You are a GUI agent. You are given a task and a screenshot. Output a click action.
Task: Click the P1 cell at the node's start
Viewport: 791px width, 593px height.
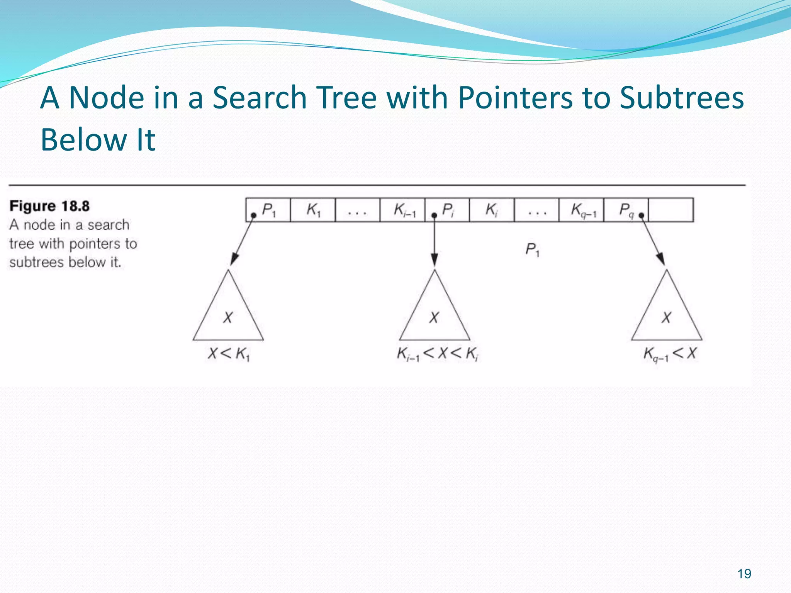point(268,210)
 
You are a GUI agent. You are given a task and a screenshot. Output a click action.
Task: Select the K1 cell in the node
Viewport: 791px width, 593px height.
point(313,210)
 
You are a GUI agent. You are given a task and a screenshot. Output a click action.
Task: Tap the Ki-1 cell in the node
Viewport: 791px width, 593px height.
point(402,210)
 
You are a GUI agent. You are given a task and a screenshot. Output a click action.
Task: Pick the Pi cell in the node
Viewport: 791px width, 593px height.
point(447,210)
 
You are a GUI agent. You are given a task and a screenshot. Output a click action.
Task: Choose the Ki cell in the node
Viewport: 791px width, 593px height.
point(492,210)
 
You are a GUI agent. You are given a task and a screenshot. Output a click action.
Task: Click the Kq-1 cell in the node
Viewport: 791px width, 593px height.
point(581,210)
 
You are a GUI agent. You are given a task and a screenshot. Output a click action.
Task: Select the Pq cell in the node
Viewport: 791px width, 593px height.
point(626,210)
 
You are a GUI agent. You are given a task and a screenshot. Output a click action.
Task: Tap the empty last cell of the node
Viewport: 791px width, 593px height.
point(671,210)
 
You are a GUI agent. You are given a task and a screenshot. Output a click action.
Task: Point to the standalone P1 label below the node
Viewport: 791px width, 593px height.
point(532,250)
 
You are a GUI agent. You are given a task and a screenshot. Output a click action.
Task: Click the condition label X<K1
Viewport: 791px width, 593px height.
point(229,354)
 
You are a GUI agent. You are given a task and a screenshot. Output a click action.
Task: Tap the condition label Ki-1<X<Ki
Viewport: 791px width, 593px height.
point(438,354)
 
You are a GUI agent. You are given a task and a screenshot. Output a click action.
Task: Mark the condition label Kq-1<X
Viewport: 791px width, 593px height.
point(670,354)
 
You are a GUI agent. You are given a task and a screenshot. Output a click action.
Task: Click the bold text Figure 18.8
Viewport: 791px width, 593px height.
point(49,206)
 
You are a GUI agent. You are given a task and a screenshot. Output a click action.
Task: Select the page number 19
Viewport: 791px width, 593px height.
point(744,574)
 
